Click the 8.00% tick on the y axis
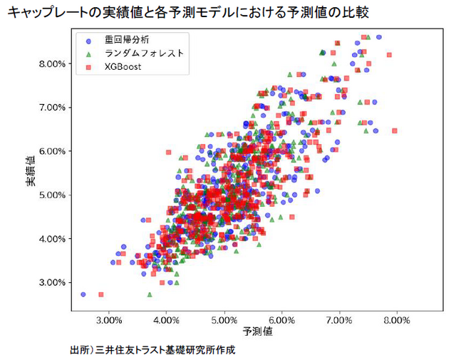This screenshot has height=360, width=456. click(52, 63)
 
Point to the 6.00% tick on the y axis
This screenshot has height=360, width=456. click(52, 151)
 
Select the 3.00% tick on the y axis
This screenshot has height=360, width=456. click(52, 282)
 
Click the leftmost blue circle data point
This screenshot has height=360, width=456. click(83, 294)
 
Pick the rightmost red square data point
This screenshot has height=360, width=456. click(394, 130)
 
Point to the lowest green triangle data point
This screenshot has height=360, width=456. click(150, 294)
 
